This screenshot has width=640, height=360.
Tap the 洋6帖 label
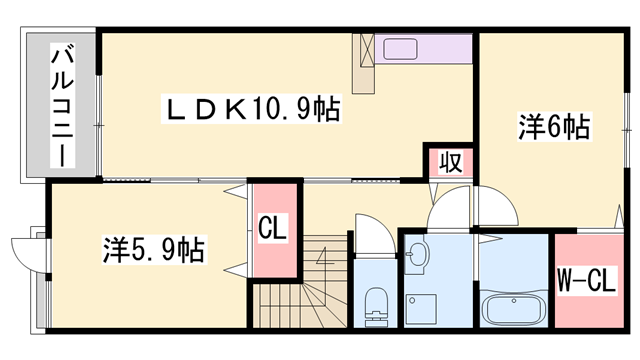[553, 127]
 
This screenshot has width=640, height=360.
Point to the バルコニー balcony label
[61, 105]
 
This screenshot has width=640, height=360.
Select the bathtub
[513, 308]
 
